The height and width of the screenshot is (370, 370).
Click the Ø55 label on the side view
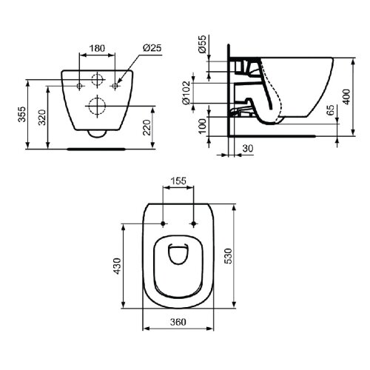click(x=201, y=47)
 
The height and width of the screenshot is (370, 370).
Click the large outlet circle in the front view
click(x=96, y=104)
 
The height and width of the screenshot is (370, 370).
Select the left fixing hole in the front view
click(x=80, y=87)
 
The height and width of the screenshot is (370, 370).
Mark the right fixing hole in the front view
click(x=113, y=87)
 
